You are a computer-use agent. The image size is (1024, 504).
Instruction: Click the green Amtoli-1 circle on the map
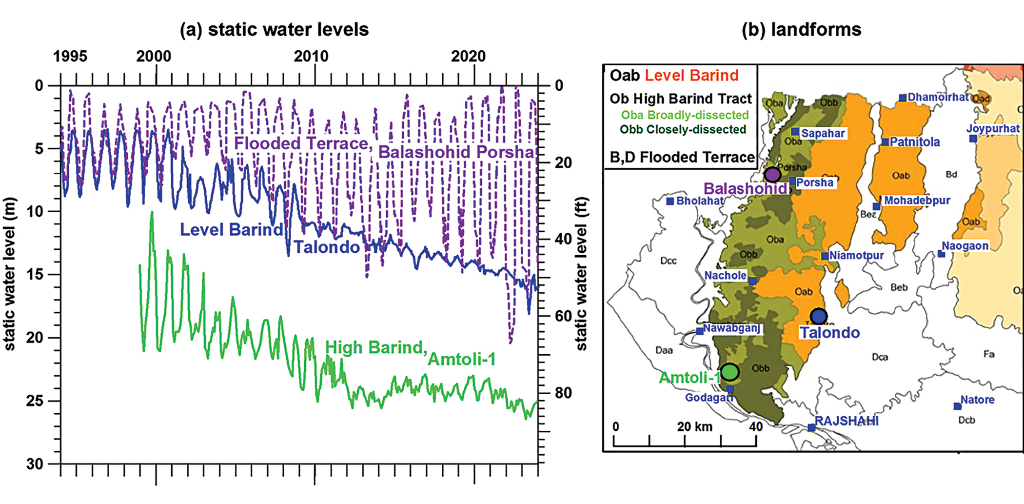(x=729, y=372)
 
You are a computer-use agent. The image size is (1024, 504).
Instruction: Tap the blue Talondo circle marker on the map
(x=819, y=316)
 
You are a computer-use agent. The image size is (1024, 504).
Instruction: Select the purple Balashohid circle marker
(x=772, y=174)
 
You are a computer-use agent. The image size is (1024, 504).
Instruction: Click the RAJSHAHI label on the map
(x=847, y=421)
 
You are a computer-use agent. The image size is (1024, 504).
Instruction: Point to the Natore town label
(x=977, y=400)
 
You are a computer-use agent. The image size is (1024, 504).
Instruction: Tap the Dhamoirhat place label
(x=938, y=97)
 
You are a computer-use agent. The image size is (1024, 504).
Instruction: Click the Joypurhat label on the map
(x=993, y=129)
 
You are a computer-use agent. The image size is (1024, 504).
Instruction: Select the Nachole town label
(x=725, y=275)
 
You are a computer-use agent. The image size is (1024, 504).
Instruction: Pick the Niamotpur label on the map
(x=856, y=255)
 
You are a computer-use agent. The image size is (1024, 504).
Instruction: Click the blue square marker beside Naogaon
(x=941, y=254)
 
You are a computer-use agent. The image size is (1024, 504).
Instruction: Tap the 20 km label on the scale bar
(x=694, y=427)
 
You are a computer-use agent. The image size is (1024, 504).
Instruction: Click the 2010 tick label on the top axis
(x=311, y=56)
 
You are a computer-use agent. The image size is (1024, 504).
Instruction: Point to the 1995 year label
(x=70, y=56)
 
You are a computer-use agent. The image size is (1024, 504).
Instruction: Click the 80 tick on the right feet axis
(x=563, y=393)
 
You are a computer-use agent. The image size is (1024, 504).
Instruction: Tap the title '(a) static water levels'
(x=274, y=30)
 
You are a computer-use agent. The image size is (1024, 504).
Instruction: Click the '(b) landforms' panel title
(x=801, y=30)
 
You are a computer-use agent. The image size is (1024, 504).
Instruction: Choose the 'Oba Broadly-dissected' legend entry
(x=685, y=115)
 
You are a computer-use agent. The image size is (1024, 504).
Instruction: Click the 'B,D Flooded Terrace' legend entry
(x=682, y=157)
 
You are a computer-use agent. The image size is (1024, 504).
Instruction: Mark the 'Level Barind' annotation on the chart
(x=231, y=229)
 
